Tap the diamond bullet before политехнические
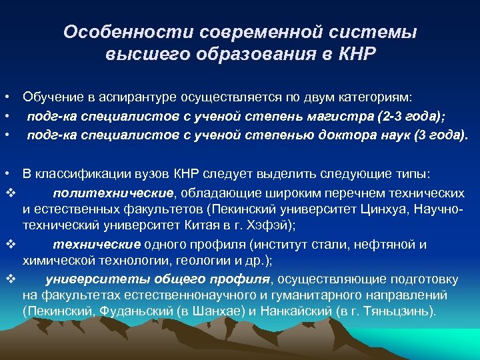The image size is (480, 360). click(9, 193)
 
